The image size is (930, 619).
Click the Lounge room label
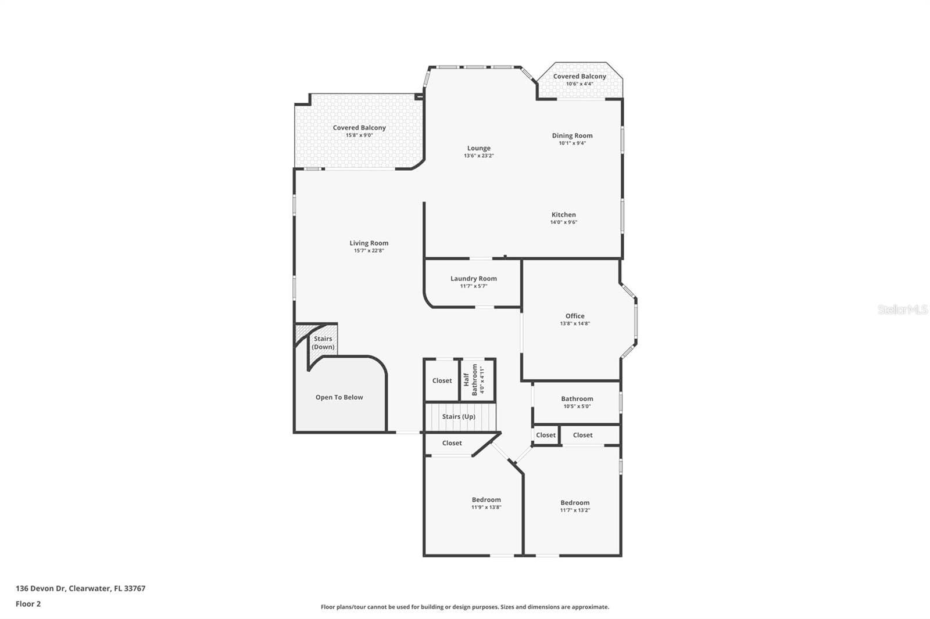(479, 148)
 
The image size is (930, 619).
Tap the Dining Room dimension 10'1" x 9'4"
(572, 143)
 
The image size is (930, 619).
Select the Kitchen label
(563, 214)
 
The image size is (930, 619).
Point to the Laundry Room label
(473, 278)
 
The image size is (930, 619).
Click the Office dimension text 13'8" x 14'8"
(575, 323)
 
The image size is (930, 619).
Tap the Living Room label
(369, 243)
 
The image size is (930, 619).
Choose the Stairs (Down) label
(323, 343)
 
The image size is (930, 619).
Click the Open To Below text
(339, 397)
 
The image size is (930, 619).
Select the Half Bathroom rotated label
(470, 380)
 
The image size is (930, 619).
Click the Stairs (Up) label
(459, 416)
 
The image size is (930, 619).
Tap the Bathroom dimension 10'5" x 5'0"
(577, 406)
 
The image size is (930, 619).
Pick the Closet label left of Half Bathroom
(442, 380)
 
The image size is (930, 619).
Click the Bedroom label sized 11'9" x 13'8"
(486, 499)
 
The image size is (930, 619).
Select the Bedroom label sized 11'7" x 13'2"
(575, 502)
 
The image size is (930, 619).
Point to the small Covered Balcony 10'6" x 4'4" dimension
(580, 84)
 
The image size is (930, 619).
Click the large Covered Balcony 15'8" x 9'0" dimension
(359, 135)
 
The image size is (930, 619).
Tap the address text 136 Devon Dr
(41, 588)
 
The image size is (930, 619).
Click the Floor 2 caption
(28, 604)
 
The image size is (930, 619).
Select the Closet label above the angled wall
(452, 443)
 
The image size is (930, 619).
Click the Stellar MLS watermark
(903, 309)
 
